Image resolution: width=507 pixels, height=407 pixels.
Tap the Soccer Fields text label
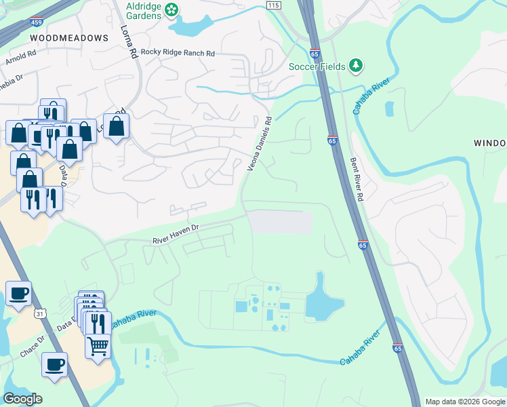(317, 66)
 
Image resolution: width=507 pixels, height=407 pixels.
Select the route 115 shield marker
(273, 5)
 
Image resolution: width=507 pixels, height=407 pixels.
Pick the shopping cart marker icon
(98, 347)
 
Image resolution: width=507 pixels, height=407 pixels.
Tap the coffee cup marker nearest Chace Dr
(54, 364)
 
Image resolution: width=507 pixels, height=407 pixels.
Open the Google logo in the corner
(23, 399)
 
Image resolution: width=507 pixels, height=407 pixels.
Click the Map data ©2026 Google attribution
(465, 402)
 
